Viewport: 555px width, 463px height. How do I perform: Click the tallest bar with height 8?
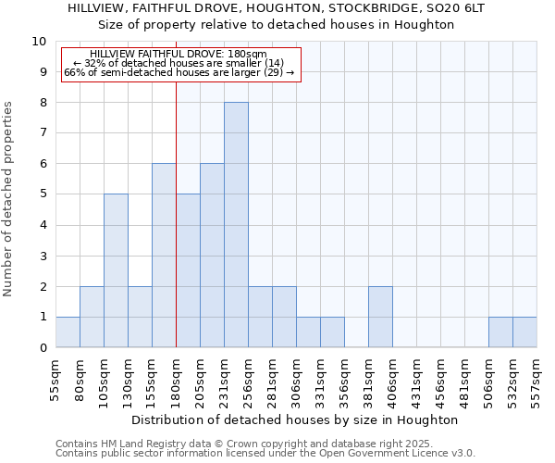[x=236, y=225]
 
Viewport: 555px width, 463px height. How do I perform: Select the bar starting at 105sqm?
[x=116, y=270]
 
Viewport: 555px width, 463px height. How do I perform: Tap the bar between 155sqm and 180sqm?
[x=164, y=256]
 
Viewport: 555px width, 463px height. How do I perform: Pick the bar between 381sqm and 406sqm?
[x=380, y=317]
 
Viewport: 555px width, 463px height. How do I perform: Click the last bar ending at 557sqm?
[x=524, y=332]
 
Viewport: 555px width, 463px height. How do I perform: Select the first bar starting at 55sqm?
[x=68, y=332]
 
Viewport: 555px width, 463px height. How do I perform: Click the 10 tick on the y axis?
[x=40, y=42]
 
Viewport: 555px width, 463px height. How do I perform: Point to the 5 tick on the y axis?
[x=43, y=194]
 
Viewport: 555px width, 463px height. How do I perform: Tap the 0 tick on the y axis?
[x=43, y=348]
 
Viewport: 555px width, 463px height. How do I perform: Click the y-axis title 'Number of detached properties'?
[x=8, y=200]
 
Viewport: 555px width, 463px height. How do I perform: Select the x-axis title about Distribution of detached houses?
[x=295, y=419]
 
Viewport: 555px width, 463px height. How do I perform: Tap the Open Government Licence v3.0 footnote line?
[x=265, y=454]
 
